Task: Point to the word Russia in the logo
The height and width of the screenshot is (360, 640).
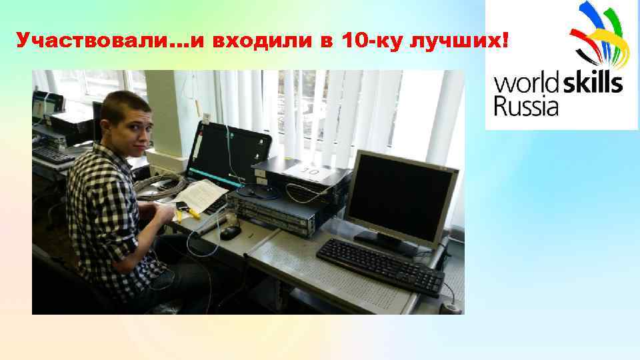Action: [x=525, y=105]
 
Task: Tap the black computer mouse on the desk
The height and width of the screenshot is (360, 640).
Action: [x=230, y=232]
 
